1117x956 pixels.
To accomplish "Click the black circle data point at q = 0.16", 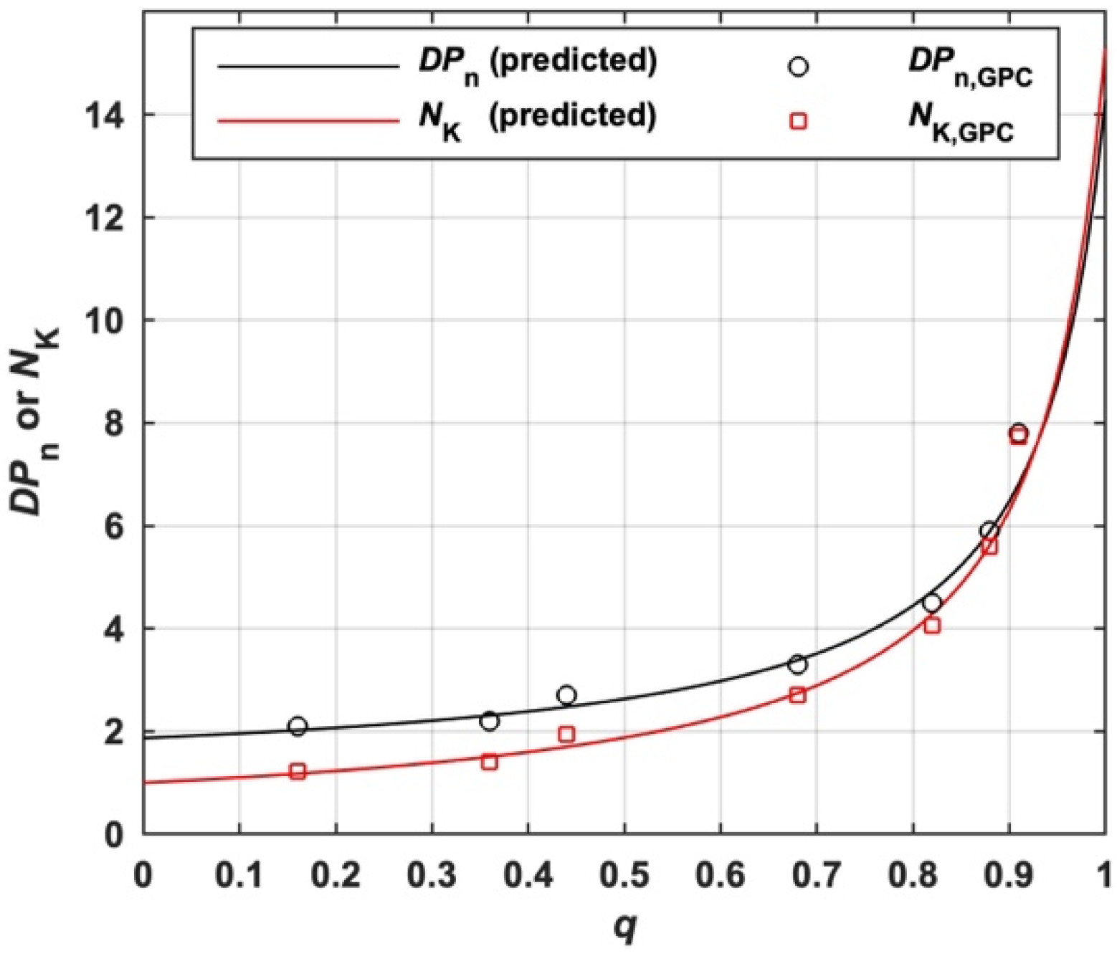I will pos(298,726).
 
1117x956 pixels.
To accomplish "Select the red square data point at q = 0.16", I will pos(298,772).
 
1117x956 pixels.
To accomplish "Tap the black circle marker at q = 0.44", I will pos(566,695).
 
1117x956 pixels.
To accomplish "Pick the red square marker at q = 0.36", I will pos(490,762).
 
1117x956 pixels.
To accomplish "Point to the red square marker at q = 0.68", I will pos(797,695).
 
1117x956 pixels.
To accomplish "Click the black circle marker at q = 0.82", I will pos(932,603).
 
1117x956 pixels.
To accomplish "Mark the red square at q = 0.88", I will pos(990,547).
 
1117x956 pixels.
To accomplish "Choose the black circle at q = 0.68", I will pos(797,664).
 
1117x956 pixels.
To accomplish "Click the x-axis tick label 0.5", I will pos(624,875).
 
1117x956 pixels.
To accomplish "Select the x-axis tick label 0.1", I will pos(239,875).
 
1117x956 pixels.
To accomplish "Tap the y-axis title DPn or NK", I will pos(36,423).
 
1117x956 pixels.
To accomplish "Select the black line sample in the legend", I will pos(308,67).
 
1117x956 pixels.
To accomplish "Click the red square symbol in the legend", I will pos(798,121).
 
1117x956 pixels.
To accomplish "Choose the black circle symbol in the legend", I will pos(798,67).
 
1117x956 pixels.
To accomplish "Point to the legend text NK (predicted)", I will pos(538,117).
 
